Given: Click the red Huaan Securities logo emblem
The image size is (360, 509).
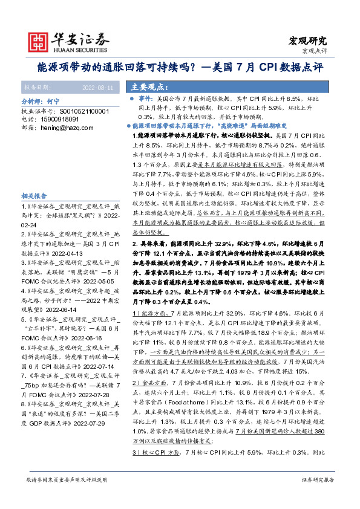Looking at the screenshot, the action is [40, 41].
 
